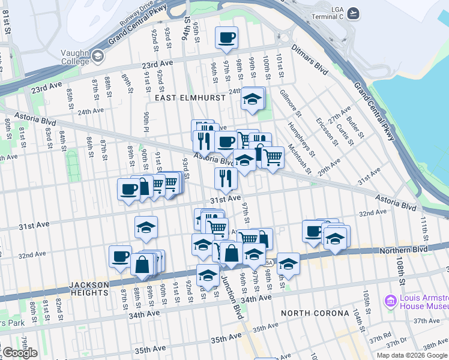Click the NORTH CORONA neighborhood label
315,313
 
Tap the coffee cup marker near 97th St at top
226,38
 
